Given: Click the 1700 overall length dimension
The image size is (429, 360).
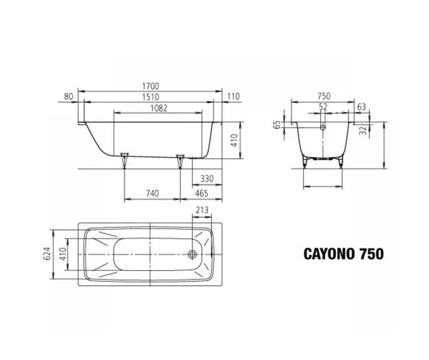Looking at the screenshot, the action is click(150, 86).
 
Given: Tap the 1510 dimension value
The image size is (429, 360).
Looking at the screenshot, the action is click(150, 97).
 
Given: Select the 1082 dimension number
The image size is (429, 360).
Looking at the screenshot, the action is click(158, 108).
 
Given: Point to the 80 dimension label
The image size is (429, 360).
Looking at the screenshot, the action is click(68, 96).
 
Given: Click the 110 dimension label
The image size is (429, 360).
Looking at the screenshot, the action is click(233, 96).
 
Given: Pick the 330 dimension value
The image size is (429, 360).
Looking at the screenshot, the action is click(207, 179).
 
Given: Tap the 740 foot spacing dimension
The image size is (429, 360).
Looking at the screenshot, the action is click(152, 193).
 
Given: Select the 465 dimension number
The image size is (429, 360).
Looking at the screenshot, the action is click(202, 193).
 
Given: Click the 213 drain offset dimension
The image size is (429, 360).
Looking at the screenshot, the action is click(202, 210).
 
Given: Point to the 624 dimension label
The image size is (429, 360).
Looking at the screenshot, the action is click(47, 253).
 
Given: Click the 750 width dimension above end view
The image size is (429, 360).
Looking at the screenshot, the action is click(324, 96).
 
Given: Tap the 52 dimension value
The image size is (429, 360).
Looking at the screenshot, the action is click(323, 107).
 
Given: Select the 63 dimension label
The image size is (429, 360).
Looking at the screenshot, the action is click(361, 107).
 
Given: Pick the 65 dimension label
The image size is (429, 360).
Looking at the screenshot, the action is click(277, 125).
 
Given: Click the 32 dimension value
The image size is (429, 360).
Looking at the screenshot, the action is click(363, 130).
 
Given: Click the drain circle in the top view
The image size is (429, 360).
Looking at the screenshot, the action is click(192, 255).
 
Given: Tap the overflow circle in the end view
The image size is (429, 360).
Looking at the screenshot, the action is click(323, 127).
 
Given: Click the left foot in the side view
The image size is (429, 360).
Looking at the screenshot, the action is click(125, 159).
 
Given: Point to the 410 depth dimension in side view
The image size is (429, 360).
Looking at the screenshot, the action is click(235, 140).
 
